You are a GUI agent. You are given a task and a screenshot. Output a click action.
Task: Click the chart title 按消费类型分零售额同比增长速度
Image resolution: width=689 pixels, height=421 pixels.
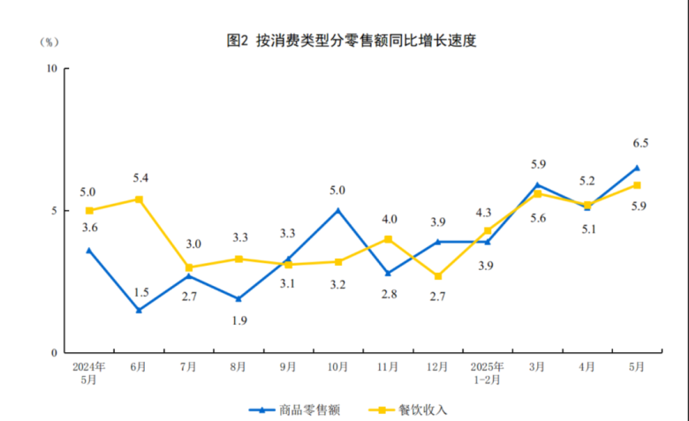[352, 41]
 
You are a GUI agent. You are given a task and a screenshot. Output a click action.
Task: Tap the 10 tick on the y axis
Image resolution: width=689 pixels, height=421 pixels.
[51, 69]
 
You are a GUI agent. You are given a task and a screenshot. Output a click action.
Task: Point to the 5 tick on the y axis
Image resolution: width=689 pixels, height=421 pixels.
[54, 211]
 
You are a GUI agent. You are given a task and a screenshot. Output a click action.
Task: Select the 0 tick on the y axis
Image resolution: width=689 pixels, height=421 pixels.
[54, 353]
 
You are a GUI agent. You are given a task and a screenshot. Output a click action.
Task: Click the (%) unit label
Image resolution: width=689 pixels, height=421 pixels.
[49, 41]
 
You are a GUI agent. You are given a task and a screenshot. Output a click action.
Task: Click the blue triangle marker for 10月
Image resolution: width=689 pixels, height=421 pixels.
[337, 210]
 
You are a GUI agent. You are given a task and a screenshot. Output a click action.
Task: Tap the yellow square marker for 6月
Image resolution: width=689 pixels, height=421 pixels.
[139, 199]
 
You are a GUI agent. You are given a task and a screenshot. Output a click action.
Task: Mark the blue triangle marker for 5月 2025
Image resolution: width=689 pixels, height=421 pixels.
[637, 168]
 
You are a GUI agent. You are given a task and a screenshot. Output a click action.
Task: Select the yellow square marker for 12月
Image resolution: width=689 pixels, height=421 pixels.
[437, 276]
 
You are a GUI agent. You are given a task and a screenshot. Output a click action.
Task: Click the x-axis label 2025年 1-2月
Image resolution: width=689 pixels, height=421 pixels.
[488, 372]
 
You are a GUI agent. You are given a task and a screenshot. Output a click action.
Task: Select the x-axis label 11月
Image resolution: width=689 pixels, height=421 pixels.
[388, 366]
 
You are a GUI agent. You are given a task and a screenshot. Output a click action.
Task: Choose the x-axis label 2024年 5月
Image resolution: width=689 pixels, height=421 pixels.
[89, 372]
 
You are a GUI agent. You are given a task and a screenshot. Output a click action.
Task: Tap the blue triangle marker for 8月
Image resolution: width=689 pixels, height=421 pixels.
[238, 298]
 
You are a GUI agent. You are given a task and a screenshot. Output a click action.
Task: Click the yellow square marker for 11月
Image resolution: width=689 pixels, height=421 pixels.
[388, 239]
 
